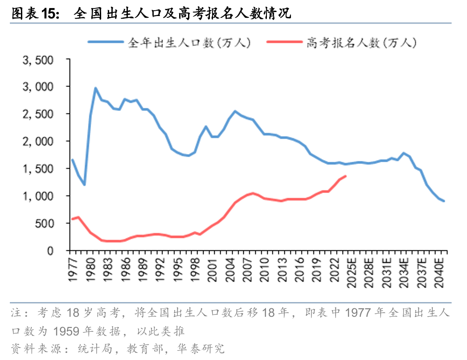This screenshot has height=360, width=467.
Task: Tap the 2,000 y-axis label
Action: (38, 141)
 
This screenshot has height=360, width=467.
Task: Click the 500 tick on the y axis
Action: (43, 223)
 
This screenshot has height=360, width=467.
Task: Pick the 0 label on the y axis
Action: (50, 251)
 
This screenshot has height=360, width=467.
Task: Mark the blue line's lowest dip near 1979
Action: (84, 184)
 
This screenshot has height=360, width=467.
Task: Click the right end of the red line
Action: (346, 176)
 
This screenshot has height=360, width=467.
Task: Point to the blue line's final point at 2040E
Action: (444, 201)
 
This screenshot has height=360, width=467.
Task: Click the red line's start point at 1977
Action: (73, 219)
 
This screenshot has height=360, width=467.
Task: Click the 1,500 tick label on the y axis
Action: (38, 168)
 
